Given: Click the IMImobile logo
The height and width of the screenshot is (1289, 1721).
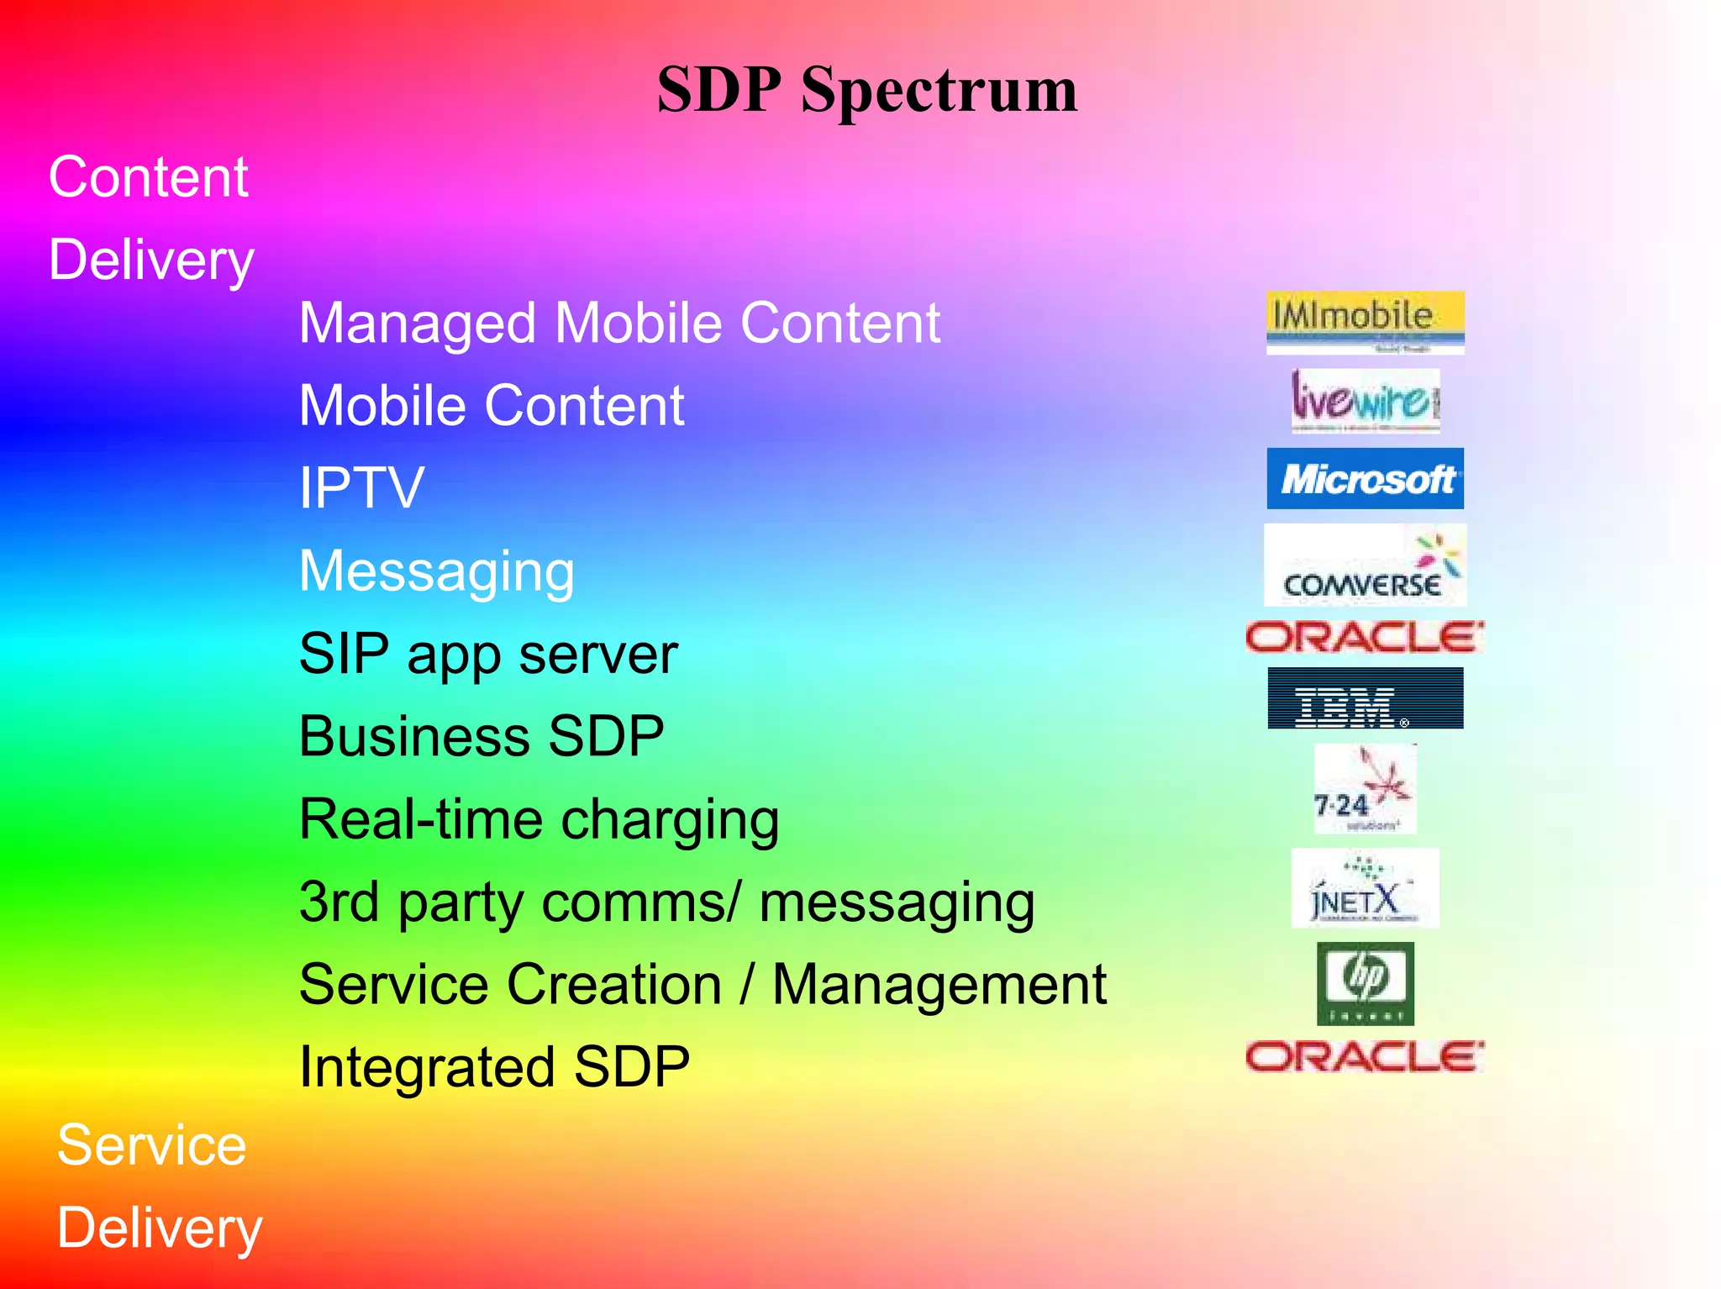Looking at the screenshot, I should pos(1365,322).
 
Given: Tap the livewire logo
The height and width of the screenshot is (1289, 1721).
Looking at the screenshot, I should pos(1365,401).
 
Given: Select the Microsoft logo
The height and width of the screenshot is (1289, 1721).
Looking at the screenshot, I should pos(1365,479).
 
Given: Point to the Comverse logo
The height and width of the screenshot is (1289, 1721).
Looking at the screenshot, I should pos(1365,566).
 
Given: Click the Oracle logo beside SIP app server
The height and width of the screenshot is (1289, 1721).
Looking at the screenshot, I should pos(1365,638).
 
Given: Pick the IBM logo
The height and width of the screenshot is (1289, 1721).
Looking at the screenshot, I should pos(1365,698).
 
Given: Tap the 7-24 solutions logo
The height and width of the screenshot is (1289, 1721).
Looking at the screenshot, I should pos(1365,789).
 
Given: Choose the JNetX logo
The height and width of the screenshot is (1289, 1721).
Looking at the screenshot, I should pos(1365,888).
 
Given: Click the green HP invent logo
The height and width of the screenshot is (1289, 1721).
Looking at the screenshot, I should pos(1365,983).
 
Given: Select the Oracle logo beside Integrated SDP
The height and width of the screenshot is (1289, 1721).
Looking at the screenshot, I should pos(1365,1057).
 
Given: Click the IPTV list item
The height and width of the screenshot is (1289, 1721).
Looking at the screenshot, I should pos(361,488).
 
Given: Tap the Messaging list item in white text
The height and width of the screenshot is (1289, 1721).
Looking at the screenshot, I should pos(437,571).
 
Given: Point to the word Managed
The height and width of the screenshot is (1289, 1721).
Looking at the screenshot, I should pos(417,324).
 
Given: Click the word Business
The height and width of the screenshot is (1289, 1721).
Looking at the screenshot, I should pos(413,737).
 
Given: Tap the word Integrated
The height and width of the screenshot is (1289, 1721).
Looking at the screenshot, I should pos(426,1067).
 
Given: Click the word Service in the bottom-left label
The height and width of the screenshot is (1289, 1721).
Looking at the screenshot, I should pos(151,1145).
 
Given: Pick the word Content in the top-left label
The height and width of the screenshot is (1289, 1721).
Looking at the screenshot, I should pos(148,177).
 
